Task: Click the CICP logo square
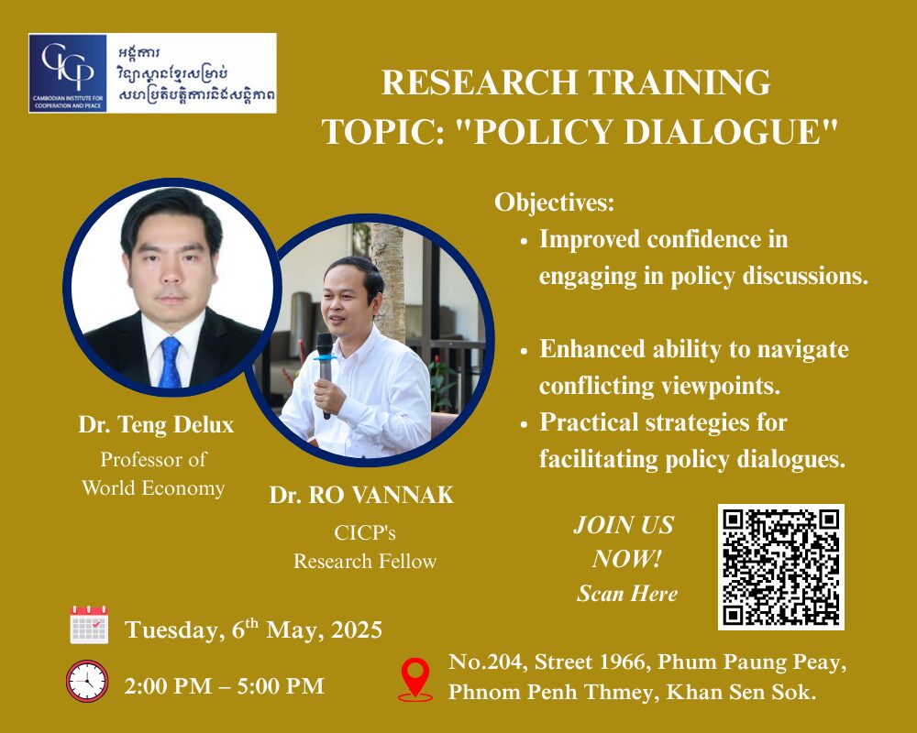[x=68, y=73]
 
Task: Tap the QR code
[x=780, y=566]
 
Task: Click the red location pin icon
[x=414, y=679]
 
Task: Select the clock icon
[x=87, y=681]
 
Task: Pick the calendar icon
[x=89, y=625]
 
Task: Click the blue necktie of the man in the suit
[x=170, y=363]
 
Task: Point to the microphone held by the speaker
[x=325, y=374]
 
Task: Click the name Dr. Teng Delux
[x=156, y=424]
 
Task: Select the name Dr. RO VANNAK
[x=361, y=495]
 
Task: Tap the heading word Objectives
[x=555, y=202]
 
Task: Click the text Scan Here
[x=627, y=594]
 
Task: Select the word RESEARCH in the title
[x=480, y=82]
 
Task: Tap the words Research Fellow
[x=365, y=561]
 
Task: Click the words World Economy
[x=153, y=488]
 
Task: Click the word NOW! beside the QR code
[x=626, y=559]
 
